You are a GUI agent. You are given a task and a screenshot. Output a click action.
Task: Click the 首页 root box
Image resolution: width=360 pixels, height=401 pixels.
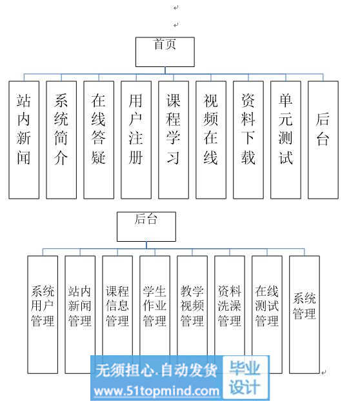(x=165, y=52)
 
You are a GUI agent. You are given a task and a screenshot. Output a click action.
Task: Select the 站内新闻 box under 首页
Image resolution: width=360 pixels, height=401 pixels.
(x=24, y=140)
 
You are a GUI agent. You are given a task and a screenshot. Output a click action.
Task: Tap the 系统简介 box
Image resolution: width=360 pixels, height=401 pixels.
(x=61, y=140)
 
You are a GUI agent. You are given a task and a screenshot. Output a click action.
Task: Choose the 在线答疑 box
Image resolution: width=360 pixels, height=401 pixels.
(x=99, y=140)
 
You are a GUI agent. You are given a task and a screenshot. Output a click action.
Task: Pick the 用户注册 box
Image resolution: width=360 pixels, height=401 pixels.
(x=136, y=140)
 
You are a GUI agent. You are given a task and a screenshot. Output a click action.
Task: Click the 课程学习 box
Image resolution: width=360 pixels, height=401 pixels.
(x=174, y=140)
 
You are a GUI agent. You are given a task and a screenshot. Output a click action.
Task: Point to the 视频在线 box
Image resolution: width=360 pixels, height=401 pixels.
(x=211, y=140)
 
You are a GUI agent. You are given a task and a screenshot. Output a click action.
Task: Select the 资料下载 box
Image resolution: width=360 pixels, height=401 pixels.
(x=248, y=140)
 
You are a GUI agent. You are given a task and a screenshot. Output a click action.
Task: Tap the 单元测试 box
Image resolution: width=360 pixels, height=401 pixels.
(x=286, y=140)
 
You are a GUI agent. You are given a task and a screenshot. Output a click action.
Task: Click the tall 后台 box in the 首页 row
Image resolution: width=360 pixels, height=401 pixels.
(x=323, y=140)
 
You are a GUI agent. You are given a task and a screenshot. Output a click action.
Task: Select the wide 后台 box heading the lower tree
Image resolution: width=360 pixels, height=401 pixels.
(x=146, y=226)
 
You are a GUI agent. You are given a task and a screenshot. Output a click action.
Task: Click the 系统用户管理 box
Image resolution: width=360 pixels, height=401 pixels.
(x=43, y=315)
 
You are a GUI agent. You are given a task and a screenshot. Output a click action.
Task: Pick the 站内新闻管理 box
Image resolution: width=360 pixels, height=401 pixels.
(x=80, y=315)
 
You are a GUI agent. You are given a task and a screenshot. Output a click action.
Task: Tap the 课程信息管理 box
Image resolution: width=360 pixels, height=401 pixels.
(x=117, y=315)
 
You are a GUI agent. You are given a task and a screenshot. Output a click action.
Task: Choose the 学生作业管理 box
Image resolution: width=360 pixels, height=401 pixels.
(x=155, y=315)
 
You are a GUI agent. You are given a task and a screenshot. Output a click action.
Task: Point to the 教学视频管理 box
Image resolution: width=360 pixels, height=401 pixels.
(x=192, y=315)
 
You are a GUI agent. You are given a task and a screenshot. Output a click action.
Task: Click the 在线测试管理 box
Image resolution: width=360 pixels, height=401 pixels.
(x=267, y=315)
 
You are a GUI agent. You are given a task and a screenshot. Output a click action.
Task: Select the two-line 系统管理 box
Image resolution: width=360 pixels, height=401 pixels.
(x=305, y=315)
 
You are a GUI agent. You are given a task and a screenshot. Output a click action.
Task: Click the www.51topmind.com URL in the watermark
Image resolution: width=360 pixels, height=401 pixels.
(x=156, y=391)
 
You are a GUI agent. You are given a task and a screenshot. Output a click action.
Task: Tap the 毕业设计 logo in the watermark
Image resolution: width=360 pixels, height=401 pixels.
(x=245, y=378)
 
